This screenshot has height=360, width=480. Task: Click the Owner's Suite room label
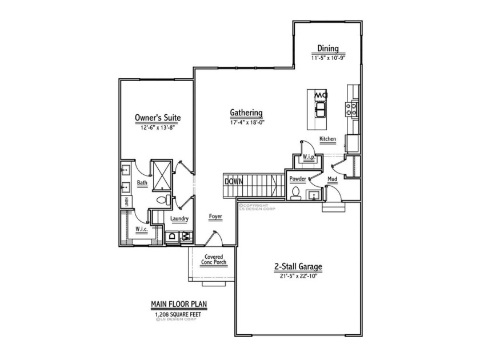pyautogui.click(x=157, y=118)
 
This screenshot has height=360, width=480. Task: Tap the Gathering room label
pyautogui.click(x=246, y=113)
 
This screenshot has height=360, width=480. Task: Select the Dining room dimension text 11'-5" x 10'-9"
pyautogui.click(x=329, y=58)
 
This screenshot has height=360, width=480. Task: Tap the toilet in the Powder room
pyautogui.click(x=295, y=195)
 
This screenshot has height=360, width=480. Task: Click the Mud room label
pyautogui.click(x=332, y=179)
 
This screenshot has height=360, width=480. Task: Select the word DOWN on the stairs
pyautogui.click(x=233, y=181)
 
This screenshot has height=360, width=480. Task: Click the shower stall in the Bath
pyautogui.click(x=161, y=174)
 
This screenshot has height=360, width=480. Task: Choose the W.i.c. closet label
pyautogui.click(x=142, y=229)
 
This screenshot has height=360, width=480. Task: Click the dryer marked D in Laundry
pyautogui.click(x=171, y=237)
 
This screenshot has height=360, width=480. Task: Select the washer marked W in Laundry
pyautogui.click(x=186, y=237)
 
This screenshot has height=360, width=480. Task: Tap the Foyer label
pyautogui.click(x=215, y=217)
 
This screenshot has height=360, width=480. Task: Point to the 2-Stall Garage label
pyautogui.click(x=298, y=266)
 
